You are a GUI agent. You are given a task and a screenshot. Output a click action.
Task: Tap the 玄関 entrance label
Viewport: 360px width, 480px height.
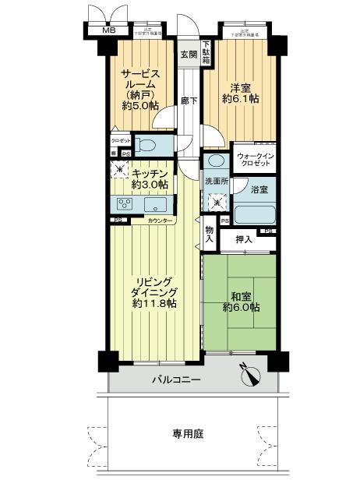188,55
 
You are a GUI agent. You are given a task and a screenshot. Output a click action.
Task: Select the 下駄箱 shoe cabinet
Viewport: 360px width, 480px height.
206,52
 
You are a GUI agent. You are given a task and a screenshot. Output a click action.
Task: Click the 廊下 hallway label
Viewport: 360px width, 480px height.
188,101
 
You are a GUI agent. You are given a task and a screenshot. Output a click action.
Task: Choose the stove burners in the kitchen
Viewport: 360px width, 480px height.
124,205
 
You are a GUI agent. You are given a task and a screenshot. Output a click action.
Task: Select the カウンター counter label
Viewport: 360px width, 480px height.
162,221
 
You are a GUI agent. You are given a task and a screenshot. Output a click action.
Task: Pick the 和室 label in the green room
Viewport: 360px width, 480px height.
241,295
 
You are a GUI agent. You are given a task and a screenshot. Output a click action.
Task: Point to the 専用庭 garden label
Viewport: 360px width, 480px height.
188,434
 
